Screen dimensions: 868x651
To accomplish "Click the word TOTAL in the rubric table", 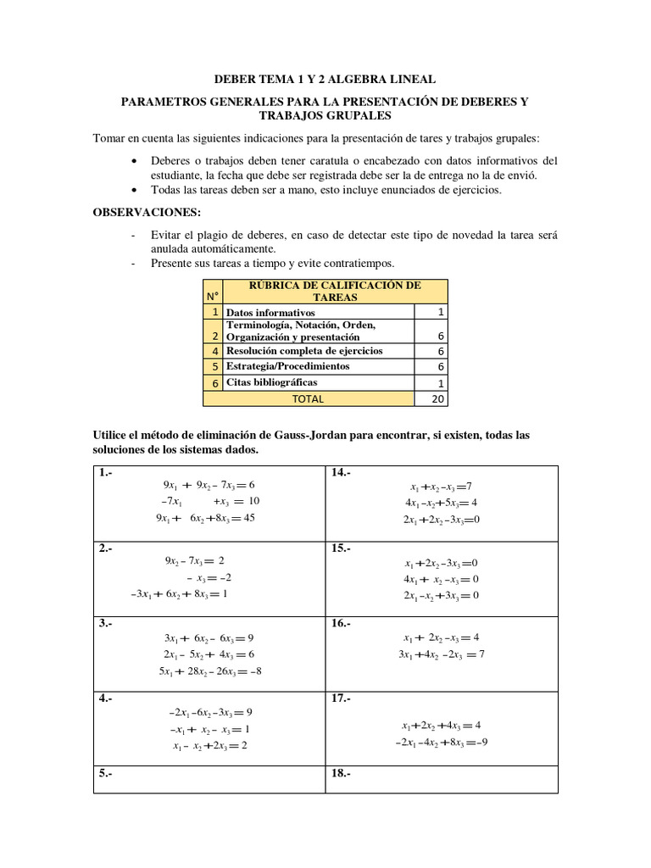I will [308, 398].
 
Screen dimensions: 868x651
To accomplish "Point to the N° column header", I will [212, 296].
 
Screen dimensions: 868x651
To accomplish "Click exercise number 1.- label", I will [106, 473].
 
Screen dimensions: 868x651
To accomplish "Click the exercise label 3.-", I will [106, 623].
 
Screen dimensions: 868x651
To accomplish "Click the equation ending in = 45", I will [204, 519].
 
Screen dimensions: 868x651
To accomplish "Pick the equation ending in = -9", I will [441, 743].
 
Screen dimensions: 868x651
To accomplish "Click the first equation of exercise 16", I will [442, 637].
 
